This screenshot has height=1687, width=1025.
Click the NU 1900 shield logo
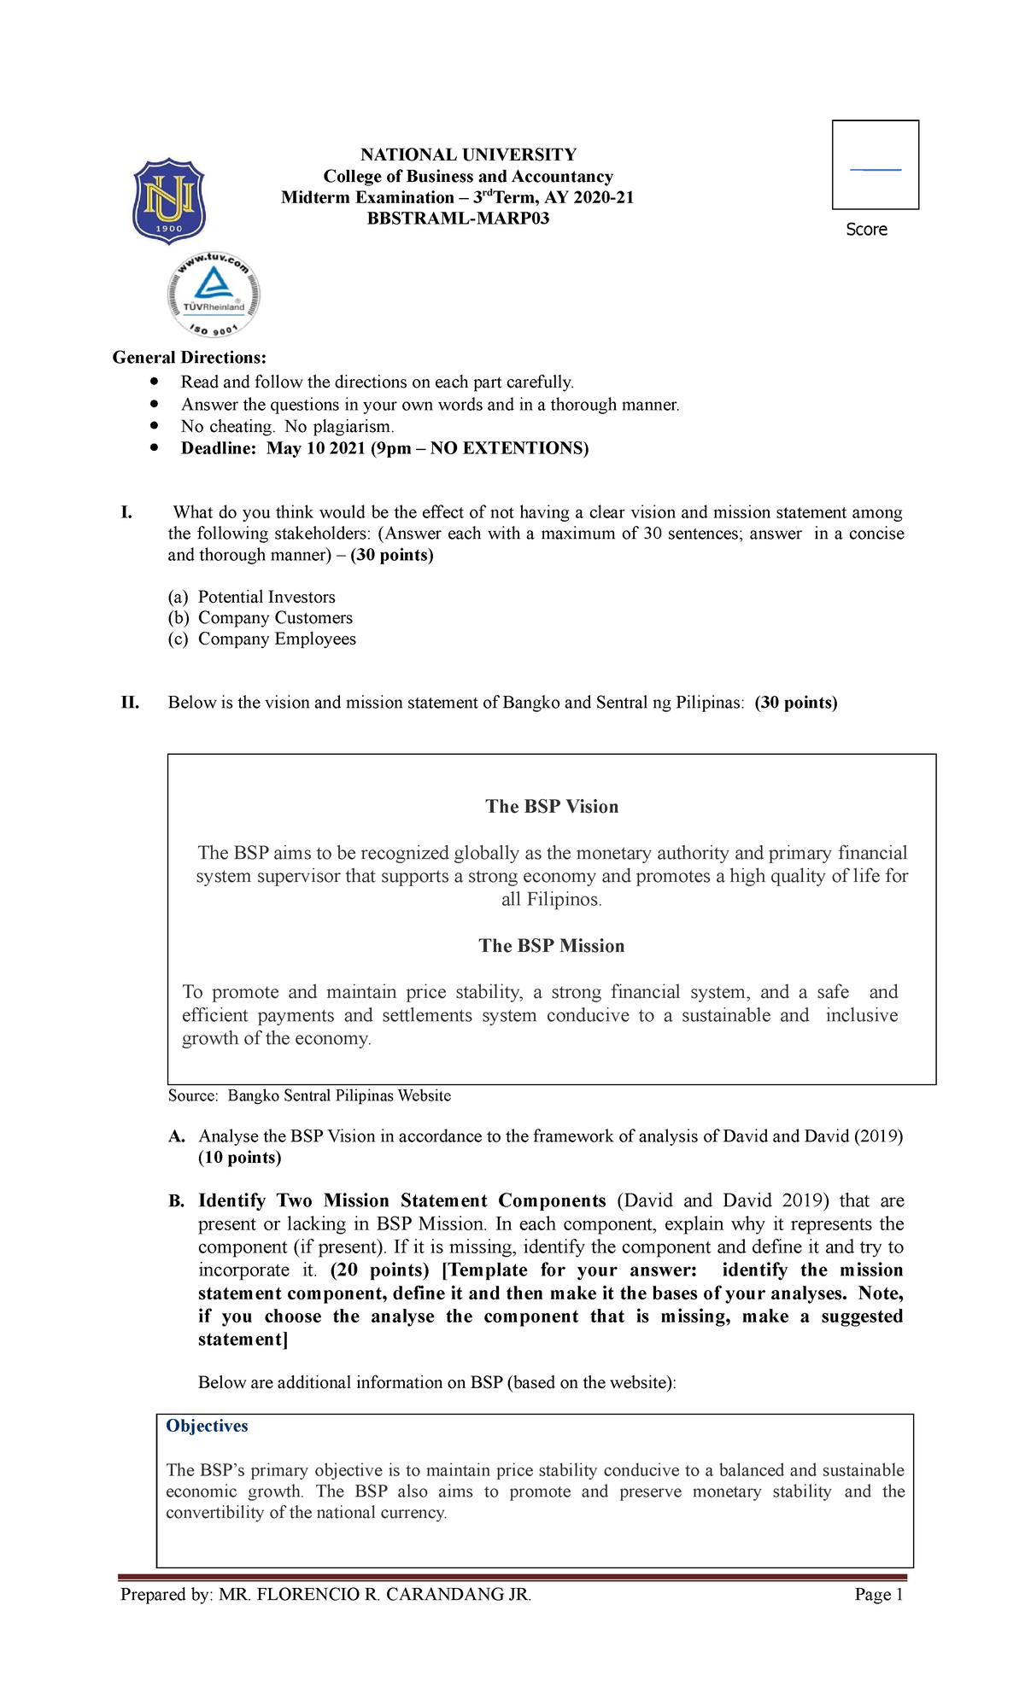point(169,201)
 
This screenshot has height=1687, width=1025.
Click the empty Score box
point(876,165)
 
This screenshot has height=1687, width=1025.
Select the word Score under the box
point(866,230)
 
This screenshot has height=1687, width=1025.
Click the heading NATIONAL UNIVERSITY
point(468,155)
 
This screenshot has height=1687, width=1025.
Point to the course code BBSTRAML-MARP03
point(458,219)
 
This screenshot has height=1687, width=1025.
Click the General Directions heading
point(190,358)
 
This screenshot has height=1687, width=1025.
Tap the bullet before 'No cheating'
point(154,425)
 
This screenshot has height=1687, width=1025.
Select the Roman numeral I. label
point(126,512)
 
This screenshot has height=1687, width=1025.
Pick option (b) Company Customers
point(261,618)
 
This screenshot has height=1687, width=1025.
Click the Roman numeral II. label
point(130,703)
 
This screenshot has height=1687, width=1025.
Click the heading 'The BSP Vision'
point(552,807)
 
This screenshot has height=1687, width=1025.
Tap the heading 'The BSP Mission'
point(552,946)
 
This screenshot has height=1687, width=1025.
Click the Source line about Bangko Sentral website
point(309,1095)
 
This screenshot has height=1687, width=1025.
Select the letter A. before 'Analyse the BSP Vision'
point(177,1136)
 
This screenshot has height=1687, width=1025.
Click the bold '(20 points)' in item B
point(379,1270)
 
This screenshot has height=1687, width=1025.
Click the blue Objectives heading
point(207,1426)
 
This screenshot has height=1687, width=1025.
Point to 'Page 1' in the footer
point(878,1595)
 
